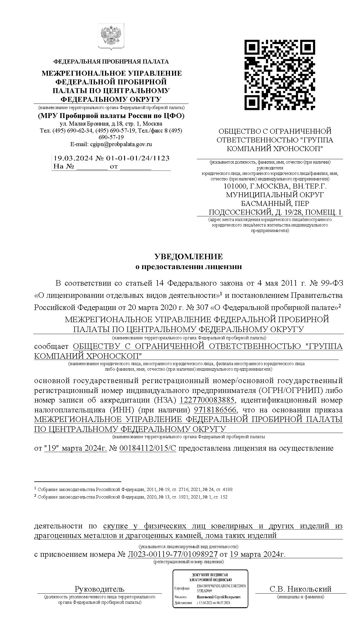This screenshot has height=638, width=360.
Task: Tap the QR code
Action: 279,75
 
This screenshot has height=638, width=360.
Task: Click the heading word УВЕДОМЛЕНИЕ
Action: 189,257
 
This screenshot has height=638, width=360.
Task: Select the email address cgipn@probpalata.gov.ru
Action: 121,144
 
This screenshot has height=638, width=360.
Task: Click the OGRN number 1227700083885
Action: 207,400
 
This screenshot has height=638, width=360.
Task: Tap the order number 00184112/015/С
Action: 148,448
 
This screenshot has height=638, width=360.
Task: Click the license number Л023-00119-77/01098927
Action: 173,554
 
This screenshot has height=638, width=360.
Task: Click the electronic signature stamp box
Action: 210,588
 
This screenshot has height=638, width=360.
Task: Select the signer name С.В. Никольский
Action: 300,589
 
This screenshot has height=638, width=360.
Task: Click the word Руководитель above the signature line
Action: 100,589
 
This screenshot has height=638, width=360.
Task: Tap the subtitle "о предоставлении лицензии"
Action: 189,267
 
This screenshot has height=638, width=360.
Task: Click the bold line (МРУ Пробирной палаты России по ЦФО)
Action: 111,116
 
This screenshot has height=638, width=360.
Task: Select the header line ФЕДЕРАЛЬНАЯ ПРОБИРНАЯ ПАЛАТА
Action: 111,61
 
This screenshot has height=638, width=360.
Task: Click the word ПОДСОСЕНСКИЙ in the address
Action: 240,212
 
